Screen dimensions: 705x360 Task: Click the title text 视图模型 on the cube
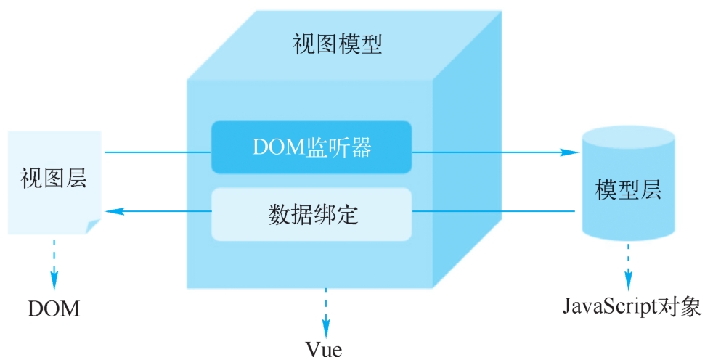click(337, 45)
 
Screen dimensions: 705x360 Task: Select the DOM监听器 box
click(311, 147)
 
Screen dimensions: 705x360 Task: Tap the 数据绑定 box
click(311, 214)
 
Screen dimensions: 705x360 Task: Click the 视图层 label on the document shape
click(53, 178)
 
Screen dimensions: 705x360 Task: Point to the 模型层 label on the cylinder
click(629, 189)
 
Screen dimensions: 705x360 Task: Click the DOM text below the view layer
click(54, 308)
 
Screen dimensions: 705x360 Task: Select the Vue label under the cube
click(324, 349)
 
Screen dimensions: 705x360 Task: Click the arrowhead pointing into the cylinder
click(570, 152)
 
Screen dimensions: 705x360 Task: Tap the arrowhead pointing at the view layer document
click(114, 210)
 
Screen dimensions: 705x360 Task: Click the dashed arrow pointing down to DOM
click(54, 265)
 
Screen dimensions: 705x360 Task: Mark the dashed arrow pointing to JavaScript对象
click(628, 266)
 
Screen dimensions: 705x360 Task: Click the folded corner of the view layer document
click(93, 226)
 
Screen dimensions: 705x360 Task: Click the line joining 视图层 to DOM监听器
click(158, 152)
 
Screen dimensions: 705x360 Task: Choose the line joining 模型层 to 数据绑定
click(493, 210)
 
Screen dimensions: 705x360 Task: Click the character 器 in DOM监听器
click(362, 147)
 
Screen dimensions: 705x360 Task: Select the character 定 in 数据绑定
click(346, 214)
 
